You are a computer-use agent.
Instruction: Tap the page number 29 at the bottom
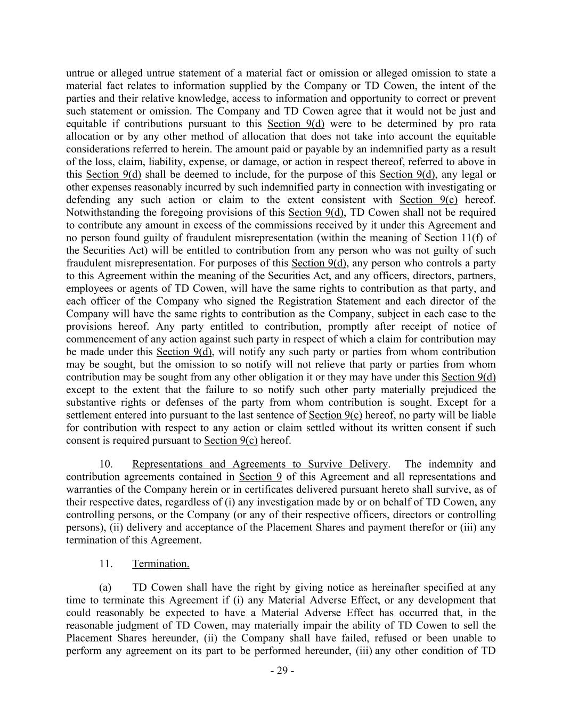point(282,671)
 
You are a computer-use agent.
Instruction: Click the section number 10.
point(106,464)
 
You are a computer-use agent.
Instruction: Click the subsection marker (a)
point(105,587)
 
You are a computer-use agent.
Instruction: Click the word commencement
point(98,339)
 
